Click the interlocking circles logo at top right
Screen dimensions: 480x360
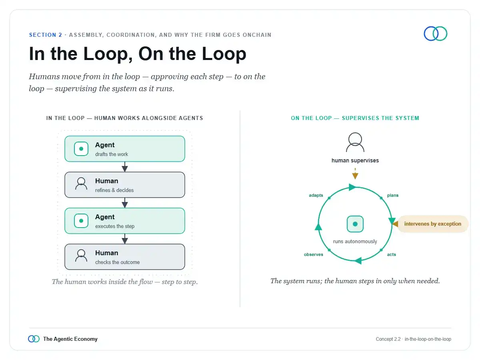point(435,34)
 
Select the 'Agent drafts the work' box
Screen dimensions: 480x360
point(125,149)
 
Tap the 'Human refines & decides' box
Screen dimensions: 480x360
point(125,185)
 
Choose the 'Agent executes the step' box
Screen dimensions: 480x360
point(125,221)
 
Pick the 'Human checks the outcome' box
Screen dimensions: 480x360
point(125,257)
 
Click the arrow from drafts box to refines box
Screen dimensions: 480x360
point(125,167)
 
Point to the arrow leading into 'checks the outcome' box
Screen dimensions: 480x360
point(125,239)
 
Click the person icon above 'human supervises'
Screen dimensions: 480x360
point(355,142)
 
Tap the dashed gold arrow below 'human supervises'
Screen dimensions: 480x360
point(355,174)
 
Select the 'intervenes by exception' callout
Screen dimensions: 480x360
point(432,224)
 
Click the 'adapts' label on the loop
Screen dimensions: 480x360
point(316,195)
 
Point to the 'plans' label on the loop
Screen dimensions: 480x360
point(393,195)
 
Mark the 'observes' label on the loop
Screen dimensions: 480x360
point(313,254)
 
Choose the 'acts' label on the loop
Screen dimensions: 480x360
point(392,254)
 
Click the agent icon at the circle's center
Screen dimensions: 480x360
point(355,224)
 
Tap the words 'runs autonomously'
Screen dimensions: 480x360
point(355,241)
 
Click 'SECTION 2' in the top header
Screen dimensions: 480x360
point(46,35)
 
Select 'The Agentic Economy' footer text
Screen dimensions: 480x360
point(70,339)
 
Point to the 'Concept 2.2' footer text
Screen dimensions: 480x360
point(388,339)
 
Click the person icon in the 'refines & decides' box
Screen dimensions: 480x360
point(81,184)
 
